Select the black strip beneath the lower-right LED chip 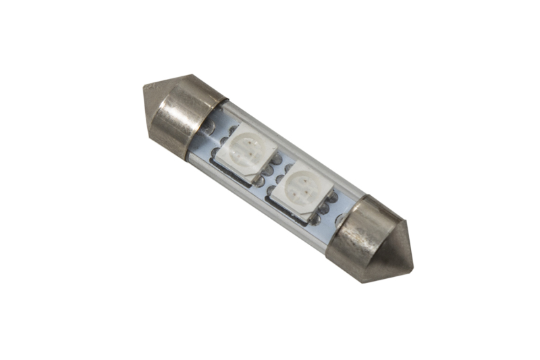coord(287,206)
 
